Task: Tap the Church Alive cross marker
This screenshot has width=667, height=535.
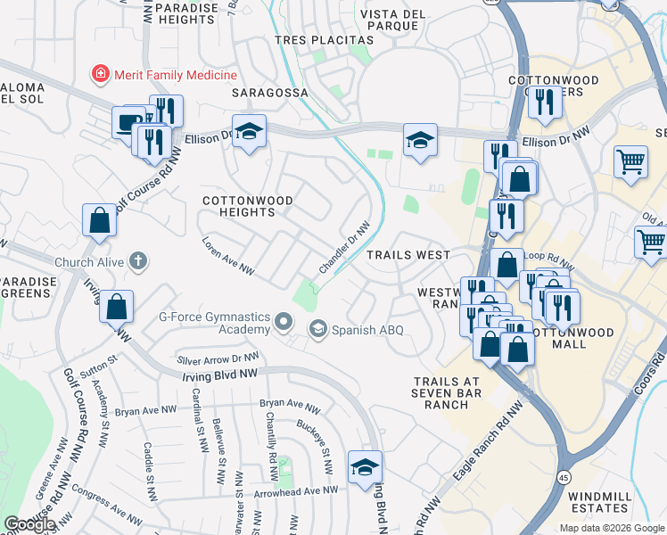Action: coord(136,261)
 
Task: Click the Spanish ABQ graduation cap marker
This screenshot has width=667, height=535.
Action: coord(317,330)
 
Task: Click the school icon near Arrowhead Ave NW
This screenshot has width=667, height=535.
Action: coord(365,467)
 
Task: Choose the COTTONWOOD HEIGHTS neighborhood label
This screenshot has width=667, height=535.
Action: coord(247,206)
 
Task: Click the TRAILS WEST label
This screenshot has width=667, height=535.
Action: coord(408,255)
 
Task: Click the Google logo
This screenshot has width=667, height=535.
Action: coord(29,524)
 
